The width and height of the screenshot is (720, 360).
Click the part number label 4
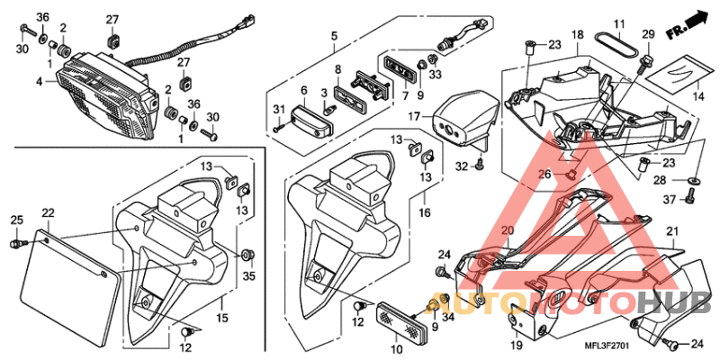pyautogui.click(x=40, y=82)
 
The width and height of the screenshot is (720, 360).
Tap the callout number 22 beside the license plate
pyautogui.click(x=49, y=212)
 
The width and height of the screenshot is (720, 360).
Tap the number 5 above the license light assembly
pyautogui.click(x=333, y=37)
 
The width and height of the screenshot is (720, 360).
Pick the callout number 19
pyautogui.click(x=515, y=346)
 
